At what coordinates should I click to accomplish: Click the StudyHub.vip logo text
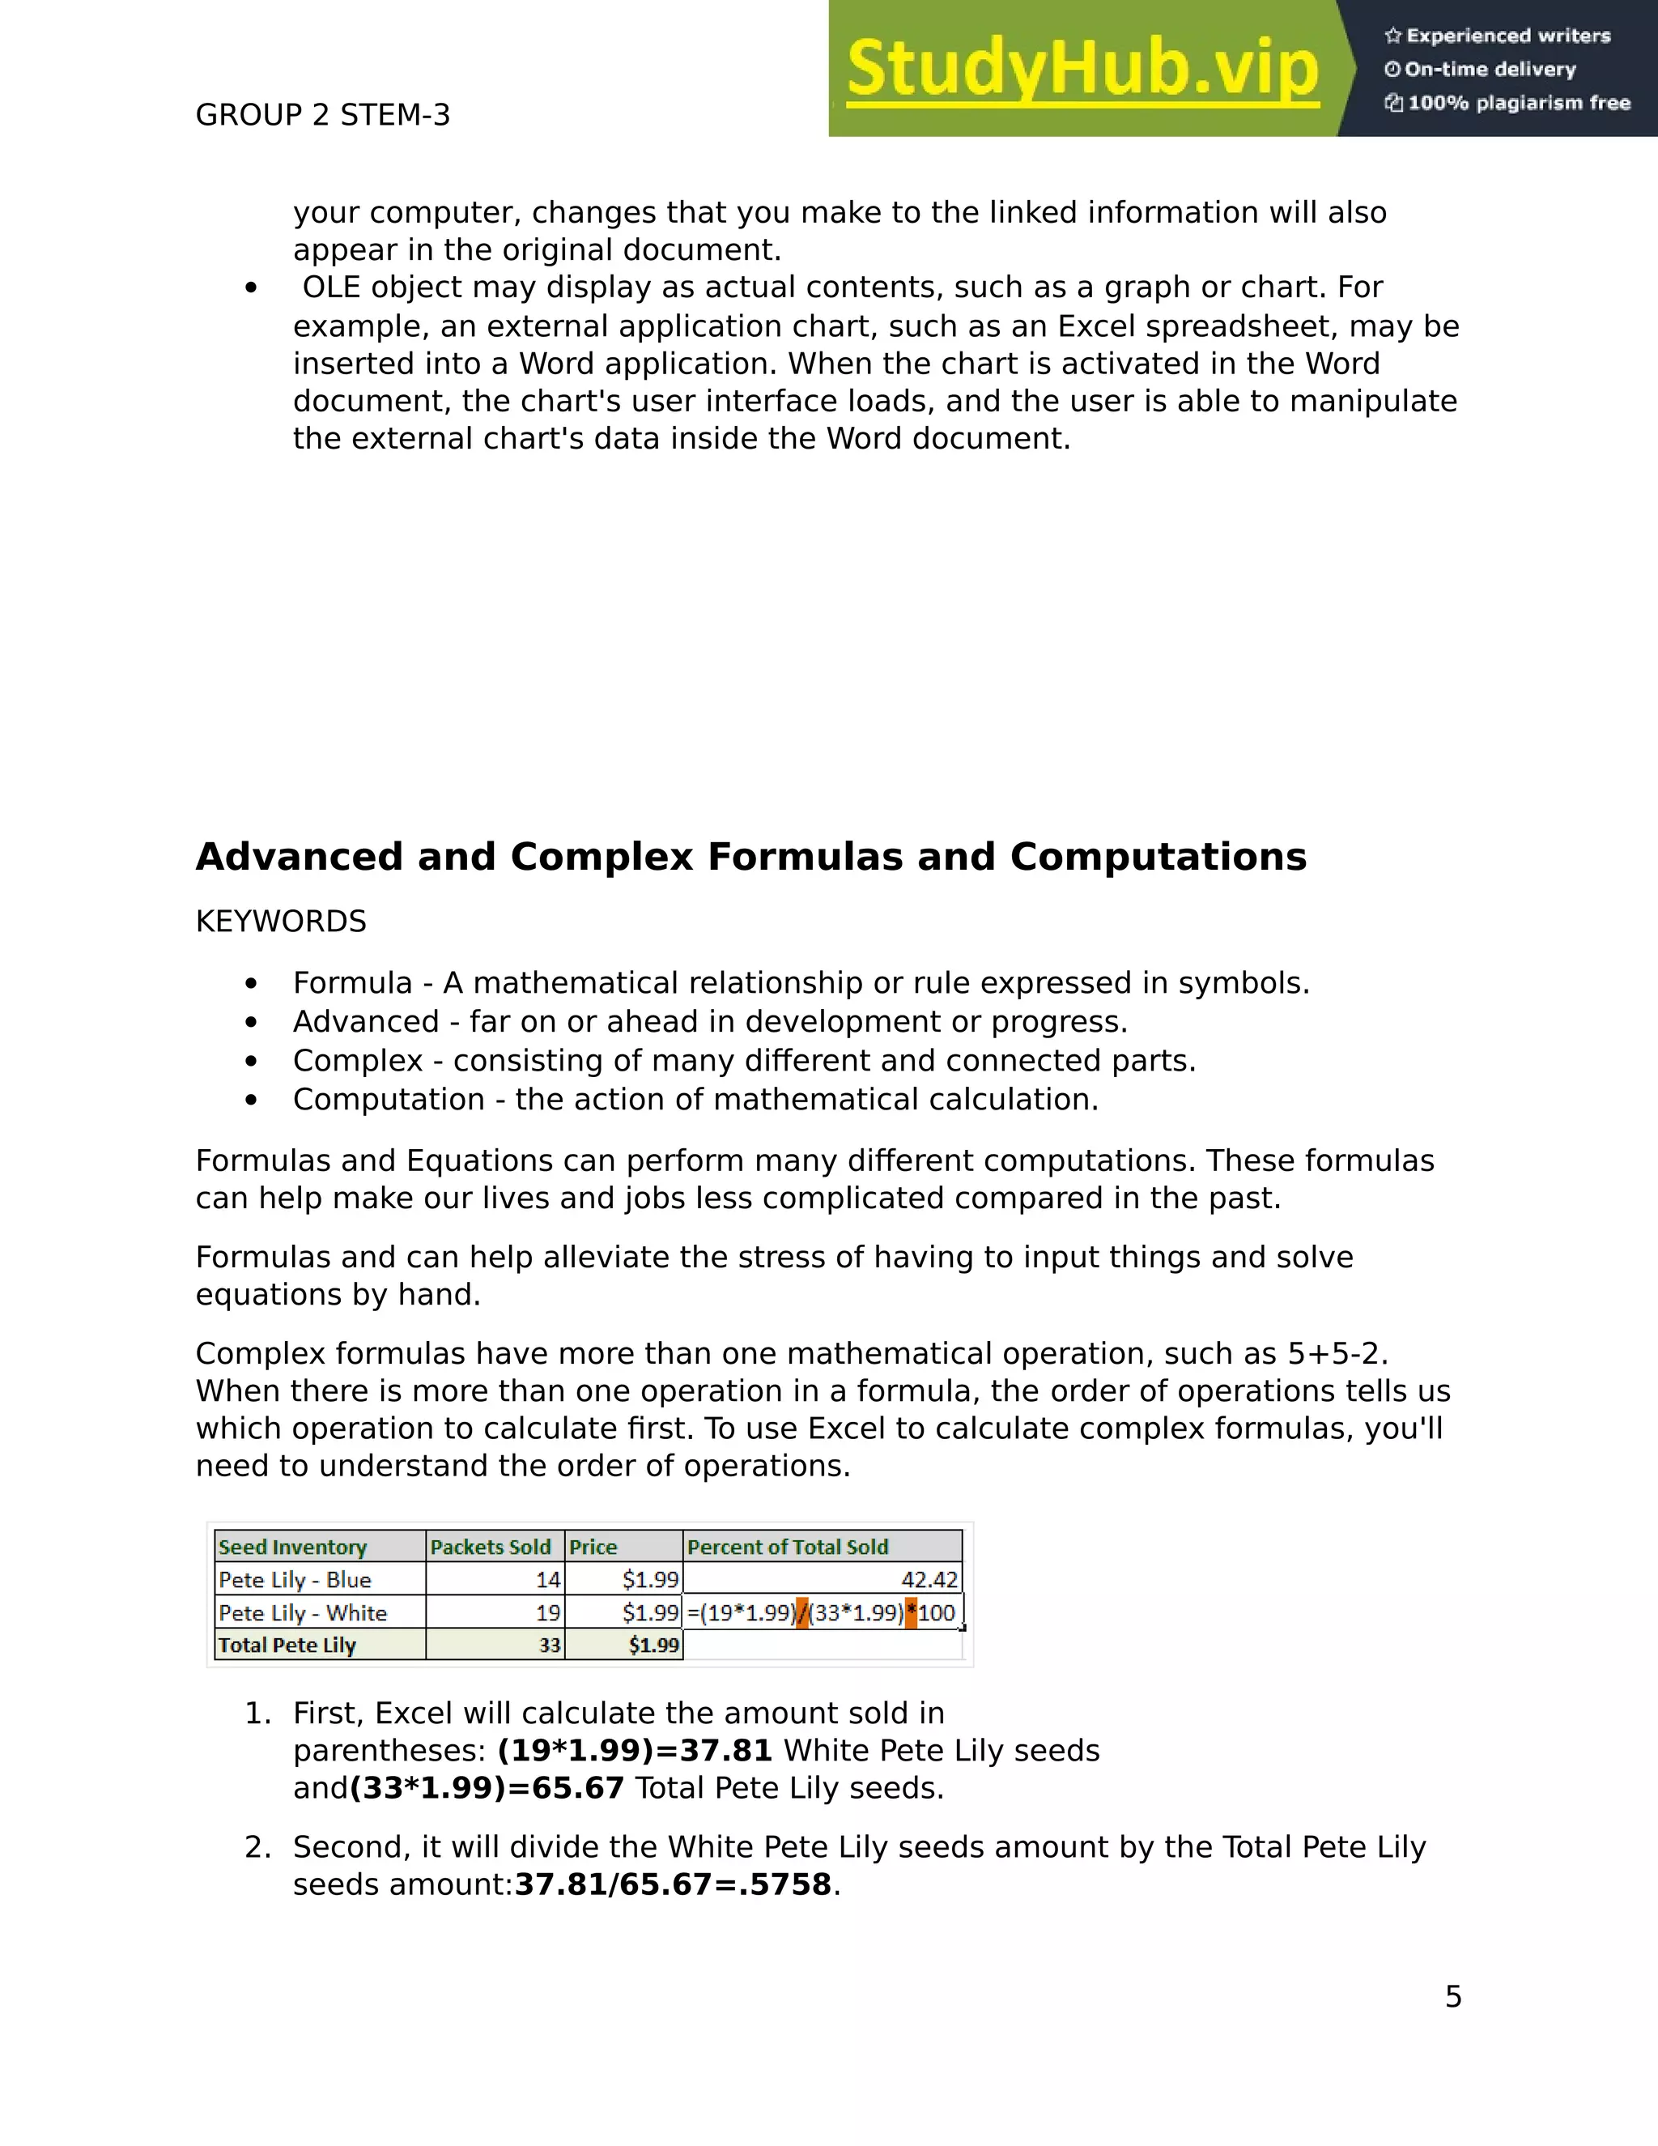pyautogui.click(x=1082, y=69)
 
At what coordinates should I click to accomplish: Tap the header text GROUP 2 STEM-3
pyautogui.click(x=322, y=115)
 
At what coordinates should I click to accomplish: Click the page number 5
pyautogui.click(x=1452, y=1997)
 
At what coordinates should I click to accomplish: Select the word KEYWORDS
pyautogui.click(x=281, y=922)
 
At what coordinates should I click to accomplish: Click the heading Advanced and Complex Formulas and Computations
pyautogui.click(x=750, y=857)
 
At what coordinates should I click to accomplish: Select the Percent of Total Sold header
pyautogui.click(x=787, y=1547)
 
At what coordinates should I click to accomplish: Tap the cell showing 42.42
pyautogui.click(x=929, y=1580)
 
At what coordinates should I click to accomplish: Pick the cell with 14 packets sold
pyautogui.click(x=547, y=1580)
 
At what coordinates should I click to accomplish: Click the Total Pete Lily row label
pyautogui.click(x=287, y=1645)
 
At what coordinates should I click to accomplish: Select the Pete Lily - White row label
pyautogui.click(x=303, y=1612)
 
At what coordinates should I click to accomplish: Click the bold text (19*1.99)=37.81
pyautogui.click(x=635, y=1750)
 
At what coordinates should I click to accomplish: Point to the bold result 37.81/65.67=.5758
pyautogui.click(x=673, y=1884)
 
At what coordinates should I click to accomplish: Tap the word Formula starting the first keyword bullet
pyautogui.click(x=351, y=982)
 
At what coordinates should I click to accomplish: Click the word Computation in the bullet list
pyautogui.click(x=388, y=1099)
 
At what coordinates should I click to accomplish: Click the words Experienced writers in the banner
pyautogui.click(x=1507, y=36)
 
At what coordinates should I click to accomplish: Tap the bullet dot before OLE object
pyautogui.click(x=252, y=288)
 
